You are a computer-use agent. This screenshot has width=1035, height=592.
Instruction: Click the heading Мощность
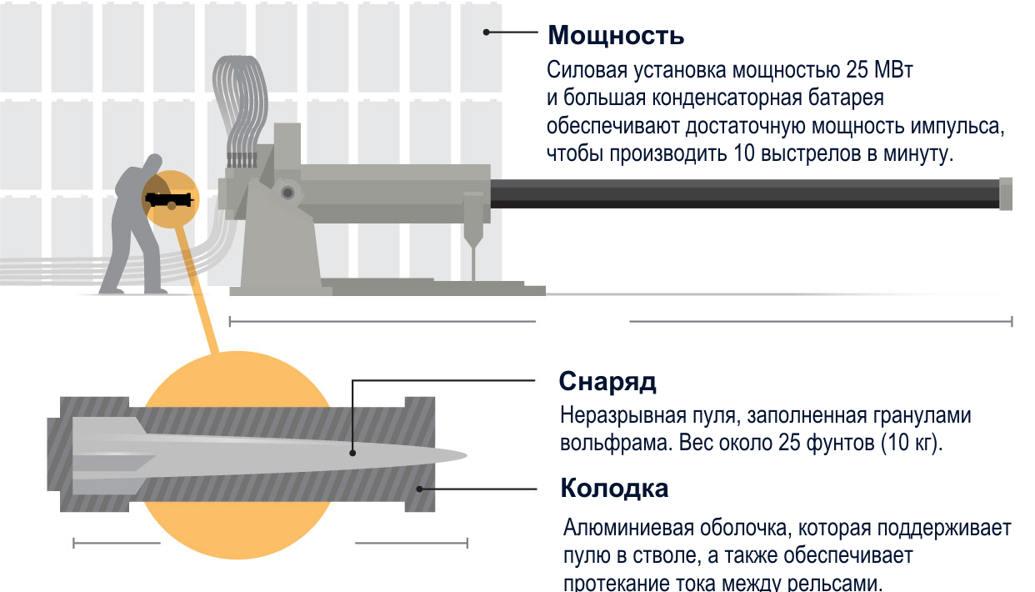point(616,36)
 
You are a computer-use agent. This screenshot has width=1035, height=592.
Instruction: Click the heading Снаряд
point(607,382)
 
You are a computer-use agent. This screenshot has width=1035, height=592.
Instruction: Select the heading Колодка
point(614,488)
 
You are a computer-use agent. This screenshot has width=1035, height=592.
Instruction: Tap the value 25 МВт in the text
point(879,70)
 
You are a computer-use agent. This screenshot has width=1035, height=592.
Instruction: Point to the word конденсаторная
point(726,98)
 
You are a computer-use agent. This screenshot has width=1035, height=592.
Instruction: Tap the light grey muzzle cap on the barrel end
point(1006,193)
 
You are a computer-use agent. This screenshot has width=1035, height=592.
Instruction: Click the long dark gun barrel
point(745,193)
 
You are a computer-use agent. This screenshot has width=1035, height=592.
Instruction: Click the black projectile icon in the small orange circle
point(169,199)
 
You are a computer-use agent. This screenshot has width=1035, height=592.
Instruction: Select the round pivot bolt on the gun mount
point(287,193)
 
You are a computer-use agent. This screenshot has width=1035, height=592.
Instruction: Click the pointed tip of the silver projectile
point(467,455)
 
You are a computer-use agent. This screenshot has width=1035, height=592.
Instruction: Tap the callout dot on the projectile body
point(352,454)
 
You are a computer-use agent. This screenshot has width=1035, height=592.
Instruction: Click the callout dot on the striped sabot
point(419,489)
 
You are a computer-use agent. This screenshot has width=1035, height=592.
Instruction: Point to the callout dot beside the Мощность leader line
point(486,33)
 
